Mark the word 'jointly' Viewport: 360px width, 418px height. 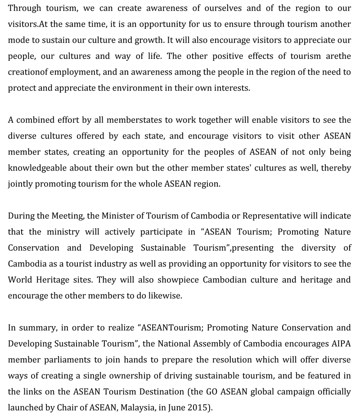pos(20,184)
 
